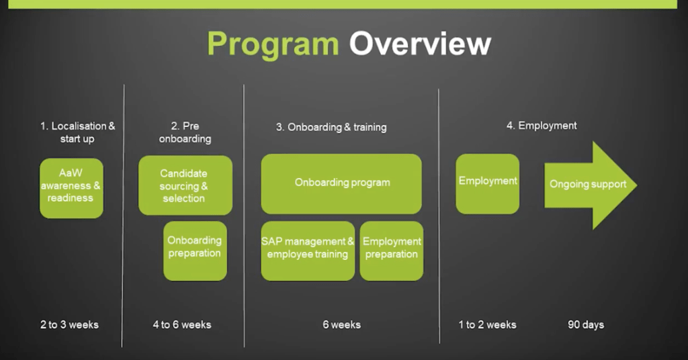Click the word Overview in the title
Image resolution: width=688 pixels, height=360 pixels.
[x=420, y=44]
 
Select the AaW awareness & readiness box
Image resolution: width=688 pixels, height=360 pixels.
[x=71, y=188]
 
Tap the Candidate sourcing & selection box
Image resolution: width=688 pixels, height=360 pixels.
[x=185, y=185]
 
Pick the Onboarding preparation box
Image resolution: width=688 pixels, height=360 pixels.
[x=196, y=251]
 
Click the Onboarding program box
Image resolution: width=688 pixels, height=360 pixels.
[x=341, y=184]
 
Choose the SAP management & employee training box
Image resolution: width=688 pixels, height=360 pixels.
[x=308, y=251]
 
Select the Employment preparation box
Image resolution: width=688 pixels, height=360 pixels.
[x=392, y=251]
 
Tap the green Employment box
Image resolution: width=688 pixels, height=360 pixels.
[x=488, y=184]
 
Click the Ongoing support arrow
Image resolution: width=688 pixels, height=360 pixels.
[x=591, y=185]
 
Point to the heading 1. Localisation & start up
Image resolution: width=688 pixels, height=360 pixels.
[x=78, y=132]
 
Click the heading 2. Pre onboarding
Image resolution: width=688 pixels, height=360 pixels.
[x=185, y=132]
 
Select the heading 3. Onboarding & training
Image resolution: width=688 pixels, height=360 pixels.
[x=331, y=127]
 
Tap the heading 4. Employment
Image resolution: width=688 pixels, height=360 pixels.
[x=542, y=126]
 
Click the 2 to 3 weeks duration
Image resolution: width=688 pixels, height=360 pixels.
[x=69, y=324]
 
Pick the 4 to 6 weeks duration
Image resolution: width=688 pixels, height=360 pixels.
[x=182, y=324]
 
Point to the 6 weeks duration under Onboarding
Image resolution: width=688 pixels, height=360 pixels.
[x=342, y=324]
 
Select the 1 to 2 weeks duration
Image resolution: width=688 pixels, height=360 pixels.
[x=488, y=324]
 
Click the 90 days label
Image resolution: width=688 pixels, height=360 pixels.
[x=586, y=324]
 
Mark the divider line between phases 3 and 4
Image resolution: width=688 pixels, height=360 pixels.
[x=439, y=216]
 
